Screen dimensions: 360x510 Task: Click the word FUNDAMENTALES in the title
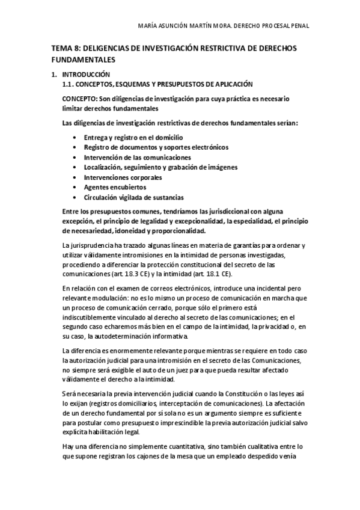[x=83, y=60]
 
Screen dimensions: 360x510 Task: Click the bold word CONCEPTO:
[x=80, y=99]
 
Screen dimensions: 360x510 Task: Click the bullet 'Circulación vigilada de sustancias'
[x=133, y=197]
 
